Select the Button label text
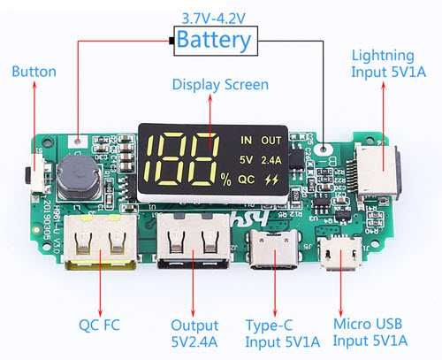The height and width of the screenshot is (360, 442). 34,72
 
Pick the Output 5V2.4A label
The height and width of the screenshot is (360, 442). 195,331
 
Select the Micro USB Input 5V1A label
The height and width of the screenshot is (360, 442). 370,331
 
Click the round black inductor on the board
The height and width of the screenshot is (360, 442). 77,180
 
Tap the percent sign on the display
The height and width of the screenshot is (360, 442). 225,180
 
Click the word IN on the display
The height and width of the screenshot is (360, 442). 247,140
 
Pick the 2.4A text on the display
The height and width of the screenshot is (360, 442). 271,160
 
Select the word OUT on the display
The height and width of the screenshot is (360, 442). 272,140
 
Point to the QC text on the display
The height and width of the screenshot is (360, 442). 247,179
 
